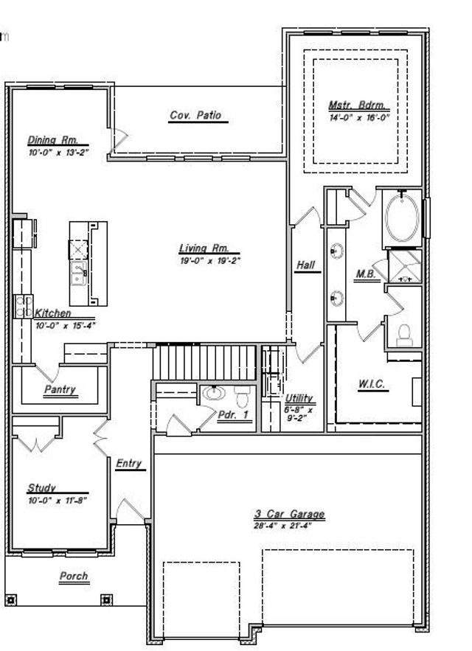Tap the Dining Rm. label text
pos(48,140)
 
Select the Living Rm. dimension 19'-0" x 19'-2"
pos(210,260)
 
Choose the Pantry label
pos(60,389)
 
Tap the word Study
pos(41,488)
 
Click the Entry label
pos(128,464)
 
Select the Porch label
pos(74,577)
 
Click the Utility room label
pos(299,398)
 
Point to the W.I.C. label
pos(372,384)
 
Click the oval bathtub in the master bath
pos(402,218)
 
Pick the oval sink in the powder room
pos(215,394)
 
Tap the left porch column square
pos(10,599)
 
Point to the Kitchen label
pos(52,313)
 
